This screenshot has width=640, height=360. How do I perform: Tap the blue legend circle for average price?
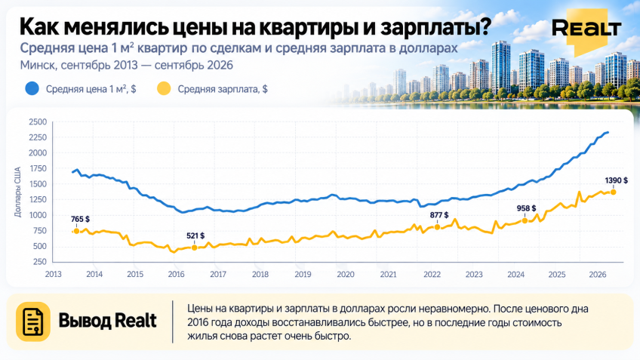(x=32, y=88)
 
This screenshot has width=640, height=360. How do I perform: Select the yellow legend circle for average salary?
(x=164, y=88)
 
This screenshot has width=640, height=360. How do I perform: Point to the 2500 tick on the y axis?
(x=38, y=122)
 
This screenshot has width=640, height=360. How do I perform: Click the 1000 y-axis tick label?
(x=38, y=215)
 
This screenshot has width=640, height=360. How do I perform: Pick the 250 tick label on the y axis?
(x=40, y=262)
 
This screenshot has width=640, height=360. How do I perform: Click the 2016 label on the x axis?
(x=177, y=274)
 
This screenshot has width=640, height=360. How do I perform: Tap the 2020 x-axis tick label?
(x=346, y=274)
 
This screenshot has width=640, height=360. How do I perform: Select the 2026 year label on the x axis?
(x=598, y=274)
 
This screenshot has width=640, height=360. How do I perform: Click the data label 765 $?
(x=80, y=219)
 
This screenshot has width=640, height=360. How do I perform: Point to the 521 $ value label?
(x=195, y=236)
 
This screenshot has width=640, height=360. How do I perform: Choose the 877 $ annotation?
(x=439, y=215)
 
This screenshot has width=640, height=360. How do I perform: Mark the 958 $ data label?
(x=527, y=208)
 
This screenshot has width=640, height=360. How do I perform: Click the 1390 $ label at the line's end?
(x=617, y=180)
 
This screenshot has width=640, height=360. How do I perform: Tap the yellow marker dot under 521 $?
(x=194, y=248)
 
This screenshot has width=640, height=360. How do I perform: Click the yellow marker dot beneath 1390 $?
(x=613, y=192)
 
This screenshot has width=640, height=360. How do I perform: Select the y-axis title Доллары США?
(x=17, y=192)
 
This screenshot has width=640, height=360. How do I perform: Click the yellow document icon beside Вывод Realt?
(x=33, y=322)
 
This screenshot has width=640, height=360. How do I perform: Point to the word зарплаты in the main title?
(x=435, y=28)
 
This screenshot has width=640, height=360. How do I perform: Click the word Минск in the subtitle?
(x=37, y=66)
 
